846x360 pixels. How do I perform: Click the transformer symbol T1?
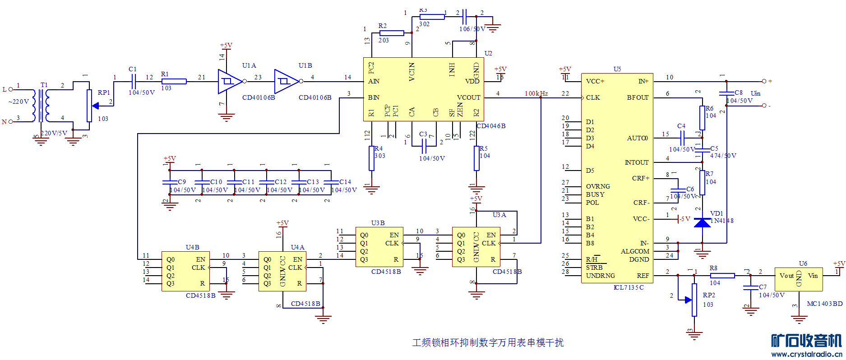click(41, 106)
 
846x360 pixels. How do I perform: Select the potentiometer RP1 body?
click(89, 106)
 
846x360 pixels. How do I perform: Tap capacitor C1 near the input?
click(133, 82)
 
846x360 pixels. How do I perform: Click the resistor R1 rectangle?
click(174, 82)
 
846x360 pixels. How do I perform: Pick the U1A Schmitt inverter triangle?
click(229, 82)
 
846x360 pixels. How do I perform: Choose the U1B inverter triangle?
click(286, 82)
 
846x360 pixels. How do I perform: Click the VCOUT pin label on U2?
click(468, 97)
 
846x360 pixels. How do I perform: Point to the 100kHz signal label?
click(536, 93)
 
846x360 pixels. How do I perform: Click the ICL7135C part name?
click(629, 287)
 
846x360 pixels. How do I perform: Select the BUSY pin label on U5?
click(595, 194)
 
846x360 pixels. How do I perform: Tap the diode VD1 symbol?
click(702, 222)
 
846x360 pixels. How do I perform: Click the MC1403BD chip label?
click(824, 304)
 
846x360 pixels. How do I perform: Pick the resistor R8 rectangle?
click(722, 276)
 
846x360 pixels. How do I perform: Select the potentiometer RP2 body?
click(694, 300)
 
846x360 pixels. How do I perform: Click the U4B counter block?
click(185, 272)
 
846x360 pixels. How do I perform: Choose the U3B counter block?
click(379, 247)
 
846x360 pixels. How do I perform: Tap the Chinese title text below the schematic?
click(488, 342)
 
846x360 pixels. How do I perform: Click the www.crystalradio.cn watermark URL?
click(807, 355)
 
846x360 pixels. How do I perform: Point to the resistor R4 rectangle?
click(371, 158)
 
